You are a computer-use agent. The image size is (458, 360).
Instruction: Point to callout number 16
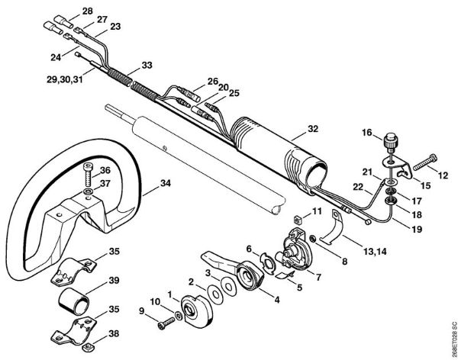click(368, 133)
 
